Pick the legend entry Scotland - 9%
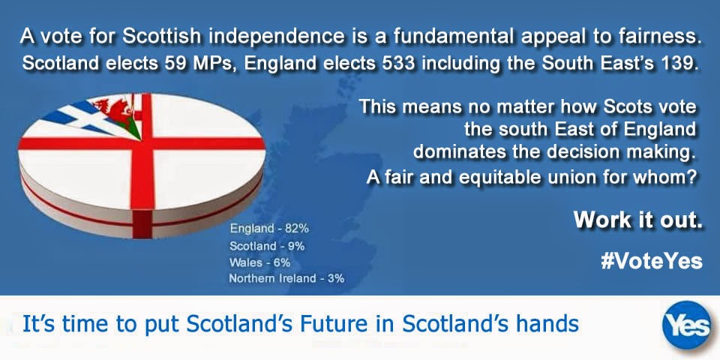pyautogui.click(x=267, y=246)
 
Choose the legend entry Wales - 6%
pyautogui.click(x=259, y=262)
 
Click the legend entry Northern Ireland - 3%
pyautogui.click(x=286, y=278)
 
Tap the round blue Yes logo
pyautogui.click(x=687, y=325)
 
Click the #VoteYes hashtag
pyautogui.click(x=651, y=261)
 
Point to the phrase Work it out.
pyautogui.click(x=637, y=220)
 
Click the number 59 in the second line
pyautogui.click(x=172, y=63)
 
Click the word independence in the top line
pyautogui.click(x=277, y=36)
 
